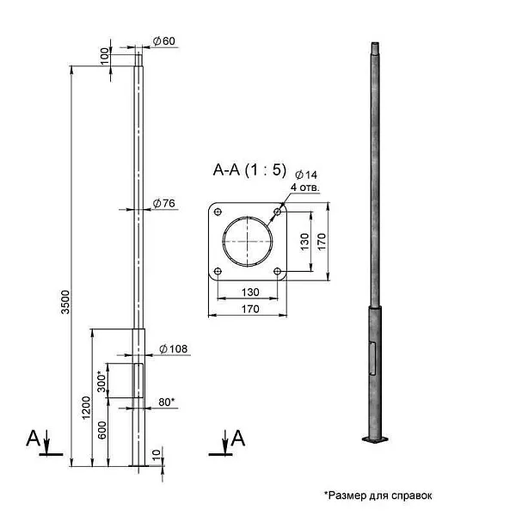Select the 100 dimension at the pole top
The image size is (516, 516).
tap(105, 53)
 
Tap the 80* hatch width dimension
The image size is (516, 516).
tap(167, 402)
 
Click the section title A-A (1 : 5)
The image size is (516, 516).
tap(249, 170)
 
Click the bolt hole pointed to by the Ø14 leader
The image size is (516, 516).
tap(277, 211)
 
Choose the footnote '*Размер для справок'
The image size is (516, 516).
tap(378, 495)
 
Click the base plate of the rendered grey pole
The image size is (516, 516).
tap(374, 442)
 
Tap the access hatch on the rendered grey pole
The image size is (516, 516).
tap(373, 358)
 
